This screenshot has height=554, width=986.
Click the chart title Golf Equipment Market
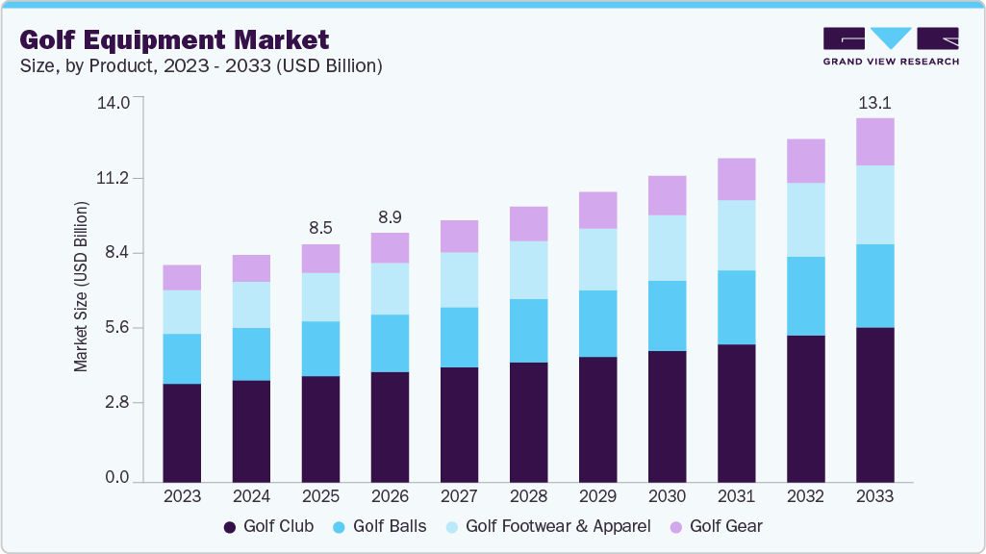click(174, 39)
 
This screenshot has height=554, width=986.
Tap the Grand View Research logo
click(891, 45)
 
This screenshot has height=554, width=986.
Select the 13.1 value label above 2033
click(874, 103)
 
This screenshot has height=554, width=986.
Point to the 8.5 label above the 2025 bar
click(320, 228)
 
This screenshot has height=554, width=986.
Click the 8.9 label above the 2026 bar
click(390, 217)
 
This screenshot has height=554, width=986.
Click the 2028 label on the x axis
click(528, 496)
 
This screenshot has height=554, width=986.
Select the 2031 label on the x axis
click(736, 496)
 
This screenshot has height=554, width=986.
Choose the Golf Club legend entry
click(268, 527)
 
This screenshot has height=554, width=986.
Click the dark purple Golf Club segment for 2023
click(182, 432)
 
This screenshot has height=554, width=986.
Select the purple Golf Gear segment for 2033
click(874, 141)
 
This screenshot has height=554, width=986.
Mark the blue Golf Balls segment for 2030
click(667, 315)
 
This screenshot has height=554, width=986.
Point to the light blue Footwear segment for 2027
click(459, 279)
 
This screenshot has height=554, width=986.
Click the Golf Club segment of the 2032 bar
click(805, 408)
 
